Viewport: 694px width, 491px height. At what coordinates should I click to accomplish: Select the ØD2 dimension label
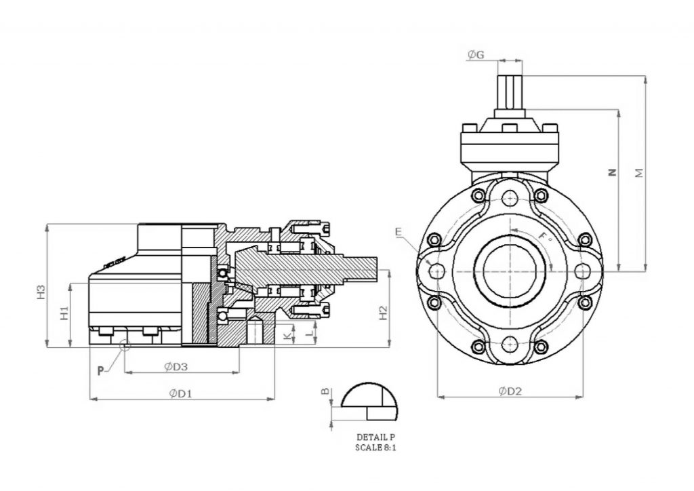coord(510,391)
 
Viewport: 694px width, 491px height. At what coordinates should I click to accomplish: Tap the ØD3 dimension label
coord(176,366)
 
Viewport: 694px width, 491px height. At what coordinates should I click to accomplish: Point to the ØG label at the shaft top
coord(476,55)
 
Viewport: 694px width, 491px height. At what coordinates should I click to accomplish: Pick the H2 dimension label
coord(383,312)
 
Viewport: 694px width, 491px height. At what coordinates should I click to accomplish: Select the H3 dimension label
coord(41,292)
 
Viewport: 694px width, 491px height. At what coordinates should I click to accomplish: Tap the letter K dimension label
coord(287,335)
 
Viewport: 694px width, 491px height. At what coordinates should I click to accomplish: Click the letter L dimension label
coord(309,334)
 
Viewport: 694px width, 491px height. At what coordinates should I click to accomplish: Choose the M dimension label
coord(638,173)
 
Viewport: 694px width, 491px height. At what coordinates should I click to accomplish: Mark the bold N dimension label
coord(612,173)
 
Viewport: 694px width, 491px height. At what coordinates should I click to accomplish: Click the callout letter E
coord(399,232)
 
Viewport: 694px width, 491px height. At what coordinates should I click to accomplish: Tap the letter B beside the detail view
coord(325,391)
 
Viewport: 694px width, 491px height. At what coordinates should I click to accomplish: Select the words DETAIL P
coord(374,437)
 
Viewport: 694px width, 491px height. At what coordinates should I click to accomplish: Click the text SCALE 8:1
coord(374,448)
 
